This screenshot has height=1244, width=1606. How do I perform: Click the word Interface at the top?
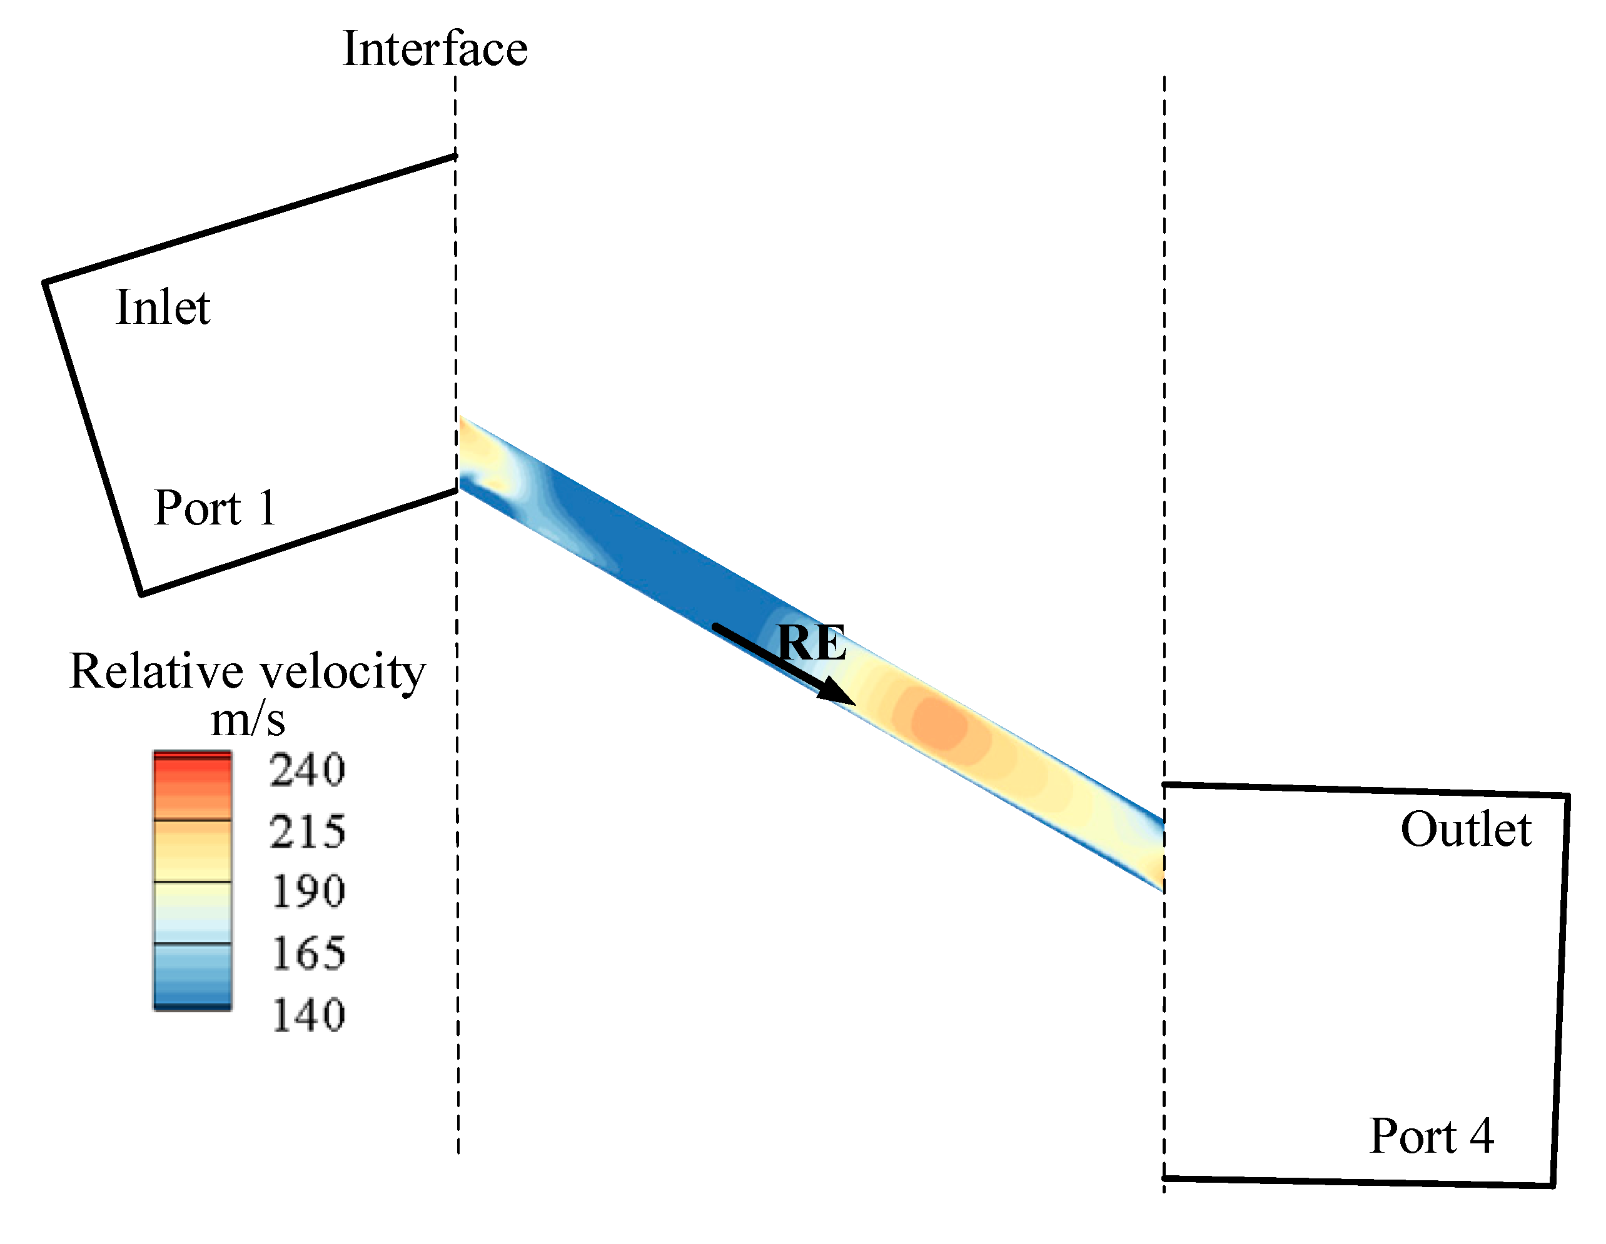435,49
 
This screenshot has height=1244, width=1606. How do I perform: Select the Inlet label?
163,308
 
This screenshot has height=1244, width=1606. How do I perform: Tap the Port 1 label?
215,508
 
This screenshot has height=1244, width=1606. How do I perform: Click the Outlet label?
1465,830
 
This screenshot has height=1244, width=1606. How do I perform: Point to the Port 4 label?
1431,1136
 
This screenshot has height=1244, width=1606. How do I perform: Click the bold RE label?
811,643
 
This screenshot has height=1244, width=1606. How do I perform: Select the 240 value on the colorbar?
307,771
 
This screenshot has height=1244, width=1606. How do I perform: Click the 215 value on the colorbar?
307,831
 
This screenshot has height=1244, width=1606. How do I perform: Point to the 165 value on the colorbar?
307,953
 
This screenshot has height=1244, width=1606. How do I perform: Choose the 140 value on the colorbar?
307,1015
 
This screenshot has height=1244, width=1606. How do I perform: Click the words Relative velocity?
247,671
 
